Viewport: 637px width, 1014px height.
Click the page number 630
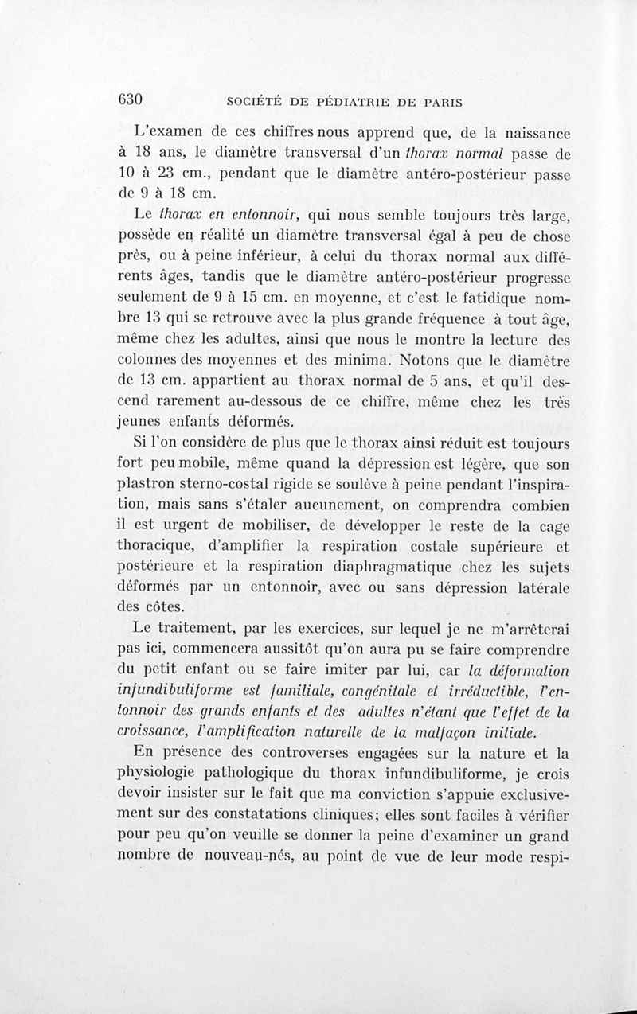coord(129,100)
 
